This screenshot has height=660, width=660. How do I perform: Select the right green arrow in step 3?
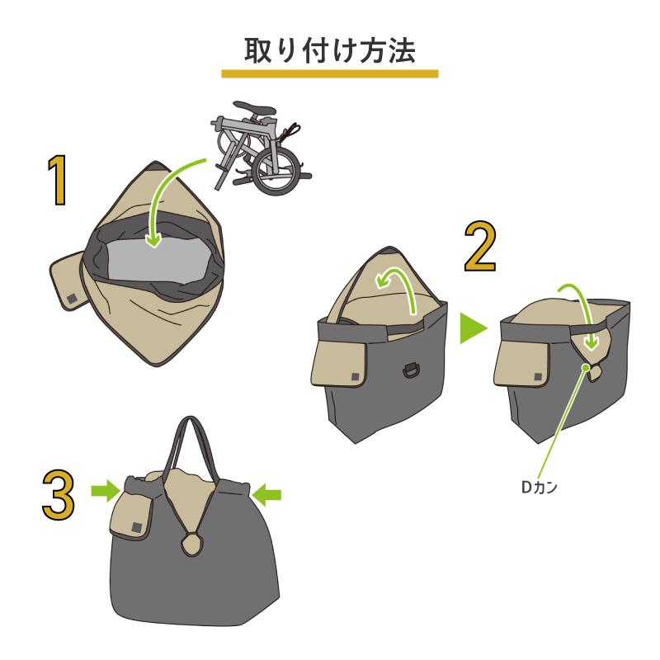click(x=268, y=493)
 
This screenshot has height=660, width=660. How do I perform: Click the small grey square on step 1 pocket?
click(x=72, y=298)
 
